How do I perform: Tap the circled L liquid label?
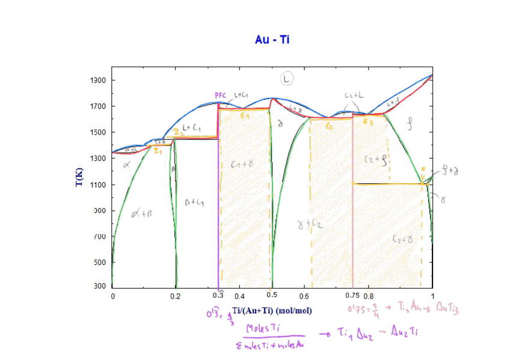pos(287,79)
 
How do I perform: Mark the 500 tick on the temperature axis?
pos(100,263)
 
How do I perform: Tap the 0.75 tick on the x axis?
pos(352,296)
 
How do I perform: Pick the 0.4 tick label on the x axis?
pos(239,296)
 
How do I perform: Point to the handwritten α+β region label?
pos(143,212)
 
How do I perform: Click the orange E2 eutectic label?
pos(329,126)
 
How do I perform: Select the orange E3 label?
pos(368,122)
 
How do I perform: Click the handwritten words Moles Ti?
pos(265,328)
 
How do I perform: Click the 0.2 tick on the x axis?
pos(176,296)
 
